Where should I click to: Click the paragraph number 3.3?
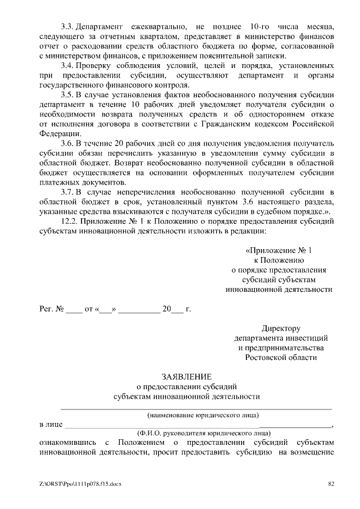[x=67, y=27]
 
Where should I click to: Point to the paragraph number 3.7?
[x=67, y=192]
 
